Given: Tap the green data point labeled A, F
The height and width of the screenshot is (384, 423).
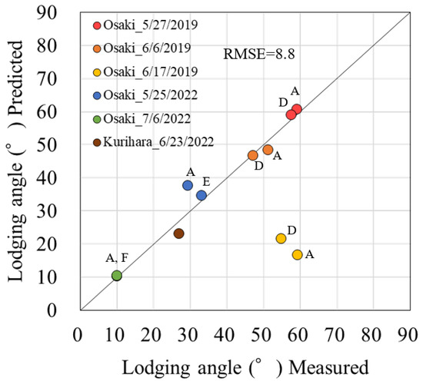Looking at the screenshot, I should click(x=117, y=276).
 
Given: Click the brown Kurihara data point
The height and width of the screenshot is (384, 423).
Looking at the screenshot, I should click(x=179, y=233).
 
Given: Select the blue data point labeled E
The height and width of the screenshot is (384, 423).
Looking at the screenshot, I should click(x=202, y=195).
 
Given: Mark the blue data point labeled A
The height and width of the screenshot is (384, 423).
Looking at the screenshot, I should click(x=188, y=185).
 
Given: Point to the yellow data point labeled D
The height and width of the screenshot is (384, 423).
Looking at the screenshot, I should click(x=281, y=238).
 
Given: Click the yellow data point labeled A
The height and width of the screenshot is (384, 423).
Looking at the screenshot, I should click(x=298, y=254).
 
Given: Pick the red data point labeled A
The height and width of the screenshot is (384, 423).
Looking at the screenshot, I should click(x=297, y=109).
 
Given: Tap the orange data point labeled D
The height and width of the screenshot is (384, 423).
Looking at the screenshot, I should click(x=253, y=155).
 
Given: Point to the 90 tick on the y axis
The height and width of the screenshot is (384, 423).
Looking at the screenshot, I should click(x=59, y=13).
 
